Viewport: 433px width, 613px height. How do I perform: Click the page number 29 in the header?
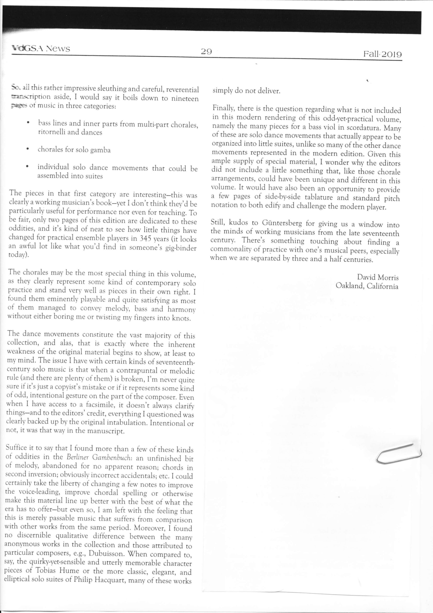(206, 51)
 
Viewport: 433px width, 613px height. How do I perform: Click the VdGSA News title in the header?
(41, 49)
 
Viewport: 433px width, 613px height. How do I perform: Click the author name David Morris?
(378, 277)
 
